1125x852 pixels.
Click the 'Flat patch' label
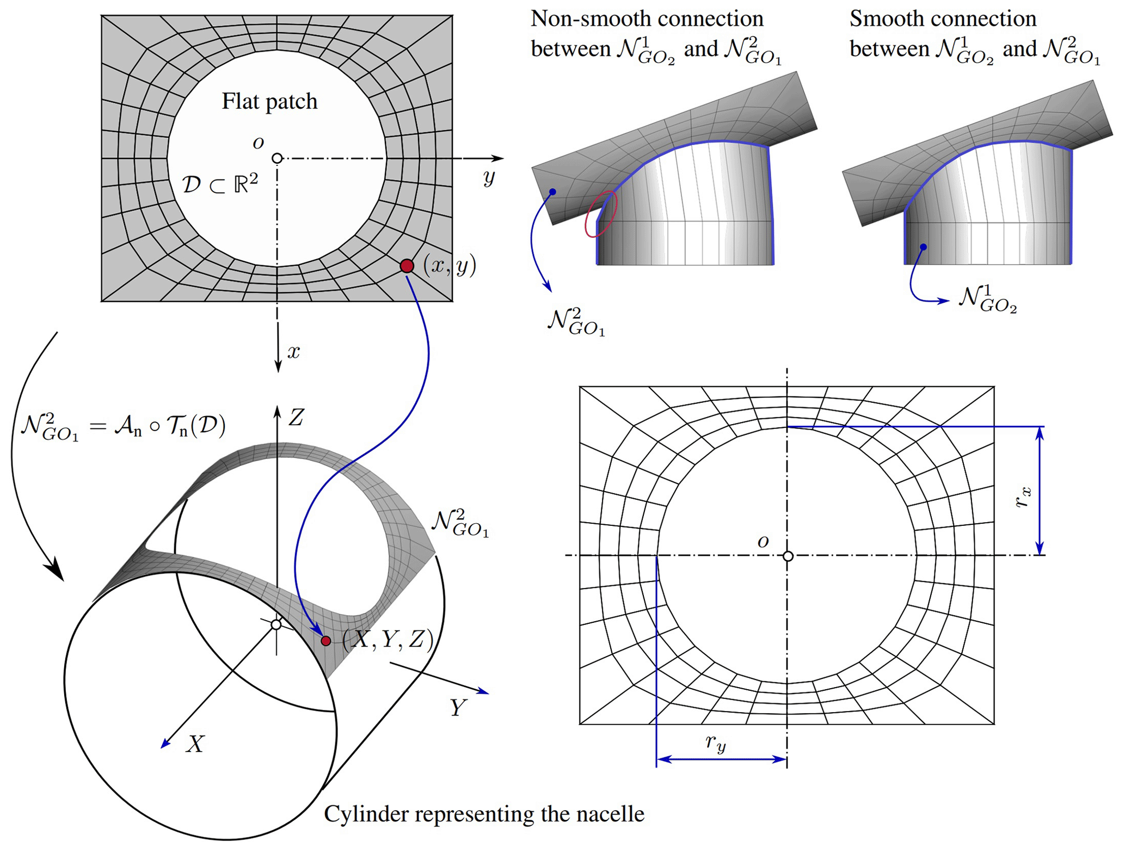pos(269,102)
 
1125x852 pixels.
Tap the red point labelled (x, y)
pos(407,266)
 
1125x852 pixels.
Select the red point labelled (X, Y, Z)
pos(325,641)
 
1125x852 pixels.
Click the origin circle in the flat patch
pos(277,158)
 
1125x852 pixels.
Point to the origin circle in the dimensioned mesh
pos(788,556)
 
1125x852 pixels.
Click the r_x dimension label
pos(1023,497)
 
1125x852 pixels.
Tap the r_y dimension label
pos(715,743)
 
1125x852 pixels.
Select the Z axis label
pos(296,418)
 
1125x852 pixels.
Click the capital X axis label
pos(195,744)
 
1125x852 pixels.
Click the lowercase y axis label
pos(489,177)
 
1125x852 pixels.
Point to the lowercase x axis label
pos(294,352)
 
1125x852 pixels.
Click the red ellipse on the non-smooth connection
pos(601,213)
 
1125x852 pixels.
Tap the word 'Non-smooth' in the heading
pos(579,19)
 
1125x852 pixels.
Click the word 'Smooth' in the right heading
pos(882,19)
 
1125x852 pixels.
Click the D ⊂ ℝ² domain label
pos(220,185)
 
